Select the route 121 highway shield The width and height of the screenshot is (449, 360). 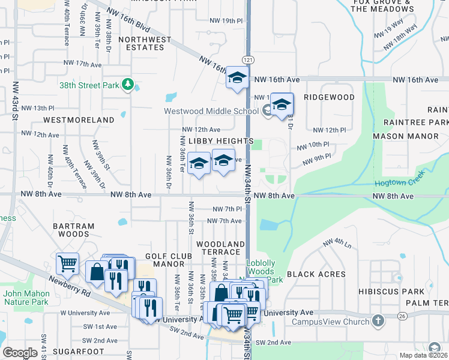(247, 60)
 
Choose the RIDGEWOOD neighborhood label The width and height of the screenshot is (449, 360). (329, 97)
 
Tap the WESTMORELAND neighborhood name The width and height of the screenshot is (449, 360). (79, 120)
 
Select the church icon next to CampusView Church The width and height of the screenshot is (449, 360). (378, 320)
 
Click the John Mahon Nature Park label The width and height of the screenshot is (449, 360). (25, 298)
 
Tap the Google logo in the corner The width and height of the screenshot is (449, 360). (20, 352)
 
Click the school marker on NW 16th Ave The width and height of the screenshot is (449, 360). (237, 79)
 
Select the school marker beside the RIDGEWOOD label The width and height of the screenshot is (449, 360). (281, 104)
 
